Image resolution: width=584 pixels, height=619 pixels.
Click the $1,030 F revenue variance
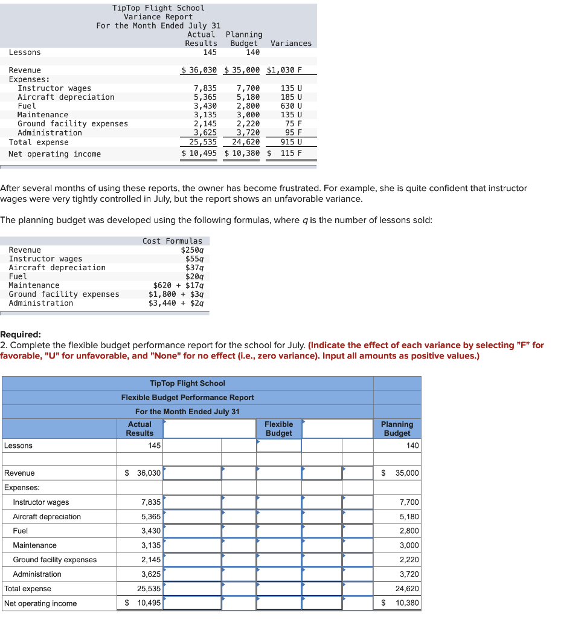[284, 70]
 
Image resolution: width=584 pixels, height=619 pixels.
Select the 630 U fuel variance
[291, 106]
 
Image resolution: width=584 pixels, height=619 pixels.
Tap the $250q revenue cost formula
[192, 250]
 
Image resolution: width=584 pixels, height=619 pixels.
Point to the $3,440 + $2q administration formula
[176, 303]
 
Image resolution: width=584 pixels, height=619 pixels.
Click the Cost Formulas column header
[172, 241]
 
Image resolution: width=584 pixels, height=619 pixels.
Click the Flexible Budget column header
[278, 429]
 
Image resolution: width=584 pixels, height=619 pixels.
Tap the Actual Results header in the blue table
[140, 429]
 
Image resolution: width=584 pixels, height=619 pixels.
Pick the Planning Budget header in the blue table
[397, 429]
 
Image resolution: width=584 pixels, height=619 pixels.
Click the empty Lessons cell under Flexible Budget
[278, 446]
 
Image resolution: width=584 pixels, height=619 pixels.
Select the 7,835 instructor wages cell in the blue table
[150, 502]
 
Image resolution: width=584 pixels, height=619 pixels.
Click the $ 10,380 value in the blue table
[401, 603]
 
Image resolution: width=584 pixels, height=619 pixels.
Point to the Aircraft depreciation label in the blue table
[47, 517]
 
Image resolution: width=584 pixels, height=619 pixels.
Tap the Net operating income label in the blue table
[40, 603]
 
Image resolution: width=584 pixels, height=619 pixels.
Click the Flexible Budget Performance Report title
[187, 397]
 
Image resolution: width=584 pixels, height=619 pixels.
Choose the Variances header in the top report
[291, 44]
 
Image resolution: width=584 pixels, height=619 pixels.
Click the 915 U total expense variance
[291, 142]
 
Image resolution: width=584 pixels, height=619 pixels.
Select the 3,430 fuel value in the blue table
[150, 531]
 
